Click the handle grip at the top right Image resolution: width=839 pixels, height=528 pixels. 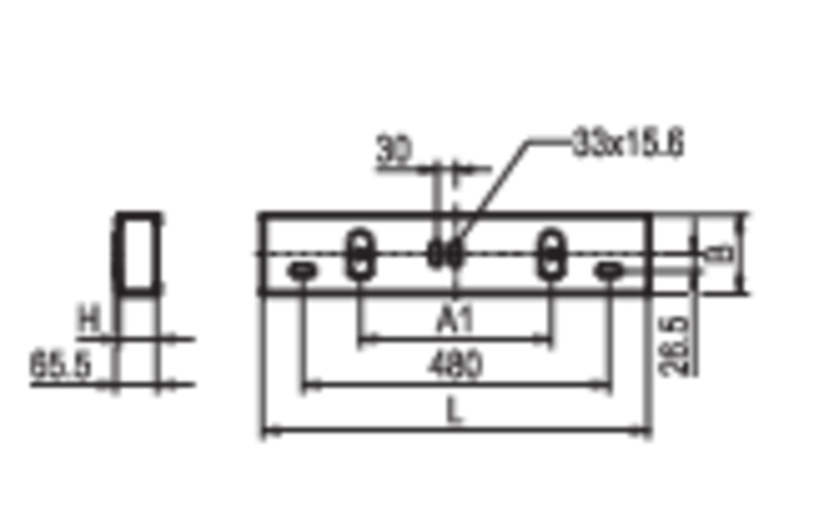pyautogui.click(x=627, y=143)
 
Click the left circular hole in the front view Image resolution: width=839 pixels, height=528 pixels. pyautogui.click(x=360, y=255)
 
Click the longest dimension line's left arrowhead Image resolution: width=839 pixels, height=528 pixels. pyautogui.click(x=279, y=428)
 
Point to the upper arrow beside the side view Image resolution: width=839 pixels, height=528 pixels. pyautogui.click(x=192, y=335)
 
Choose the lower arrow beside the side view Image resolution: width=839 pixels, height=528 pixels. pyautogui.click(x=192, y=382)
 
